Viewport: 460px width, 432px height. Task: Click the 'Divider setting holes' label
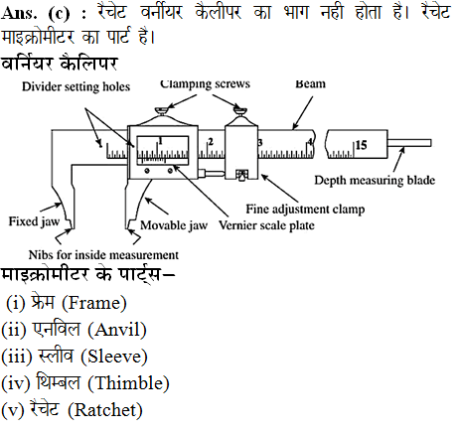(76, 86)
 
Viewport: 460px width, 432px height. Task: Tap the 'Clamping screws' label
(205, 84)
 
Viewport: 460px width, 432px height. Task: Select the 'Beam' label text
(310, 83)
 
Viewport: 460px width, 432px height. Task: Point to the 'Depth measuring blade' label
(375, 181)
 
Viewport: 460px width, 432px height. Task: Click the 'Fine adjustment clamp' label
(305, 210)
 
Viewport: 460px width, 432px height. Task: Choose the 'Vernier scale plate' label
(266, 225)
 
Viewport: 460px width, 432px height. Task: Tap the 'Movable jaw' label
(174, 225)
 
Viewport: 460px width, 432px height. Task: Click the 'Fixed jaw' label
(34, 221)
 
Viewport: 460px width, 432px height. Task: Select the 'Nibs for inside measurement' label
(103, 255)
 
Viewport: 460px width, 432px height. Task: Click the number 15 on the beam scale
(362, 145)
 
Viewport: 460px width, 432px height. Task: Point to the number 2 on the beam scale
(211, 142)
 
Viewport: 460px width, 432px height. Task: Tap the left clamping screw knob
(162, 111)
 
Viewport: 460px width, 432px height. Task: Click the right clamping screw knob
(240, 110)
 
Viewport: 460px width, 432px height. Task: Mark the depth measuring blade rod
(409, 143)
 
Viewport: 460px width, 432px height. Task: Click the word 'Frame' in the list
(93, 303)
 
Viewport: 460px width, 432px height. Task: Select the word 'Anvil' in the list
(117, 330)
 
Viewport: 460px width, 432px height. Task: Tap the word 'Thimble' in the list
(129, 383)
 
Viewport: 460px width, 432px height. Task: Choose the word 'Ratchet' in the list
(105, 410)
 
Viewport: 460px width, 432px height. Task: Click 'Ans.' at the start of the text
(19, 13)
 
